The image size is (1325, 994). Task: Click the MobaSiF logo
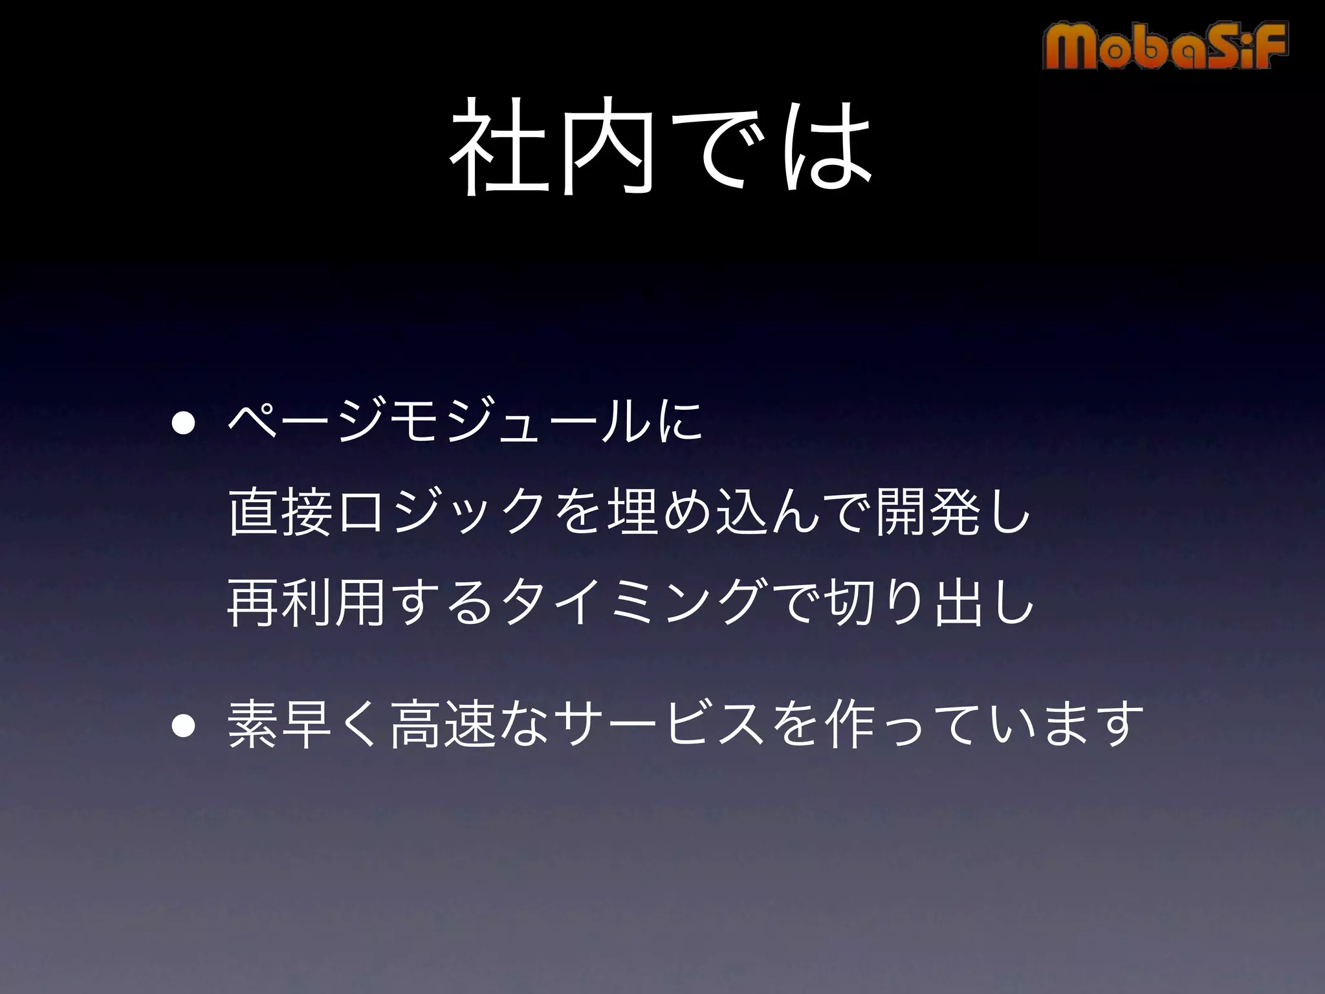pyautogui.click(x=1165, y=45)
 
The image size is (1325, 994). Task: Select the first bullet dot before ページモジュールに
pyautogui.click(x=183, y=425)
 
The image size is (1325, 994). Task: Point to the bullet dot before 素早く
pyautogui.click(x=183, y=726)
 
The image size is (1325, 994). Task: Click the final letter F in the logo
pyautogui.click(x=1269, y=45)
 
